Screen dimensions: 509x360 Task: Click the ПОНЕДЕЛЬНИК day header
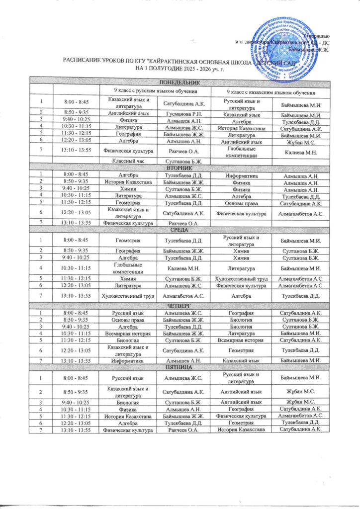[x=179, y=82]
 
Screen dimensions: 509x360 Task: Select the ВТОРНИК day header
[x=179, y=169]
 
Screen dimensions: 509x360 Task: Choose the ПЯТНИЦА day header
[x=179, y=367]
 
